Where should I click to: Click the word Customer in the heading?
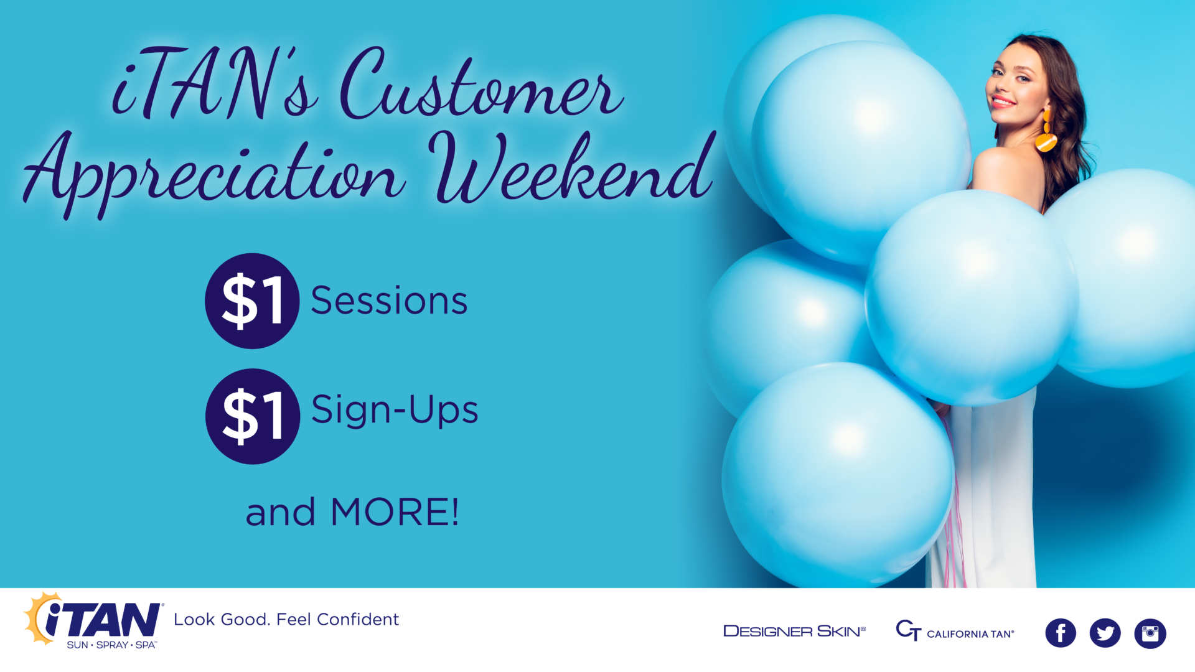tap(479, 87)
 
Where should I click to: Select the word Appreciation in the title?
tap(215, 174)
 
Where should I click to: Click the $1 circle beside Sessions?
tap(252, 301)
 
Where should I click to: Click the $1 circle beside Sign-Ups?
tap(252, 416)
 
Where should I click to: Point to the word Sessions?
tap(389, 301)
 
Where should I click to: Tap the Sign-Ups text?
tap(394, 411)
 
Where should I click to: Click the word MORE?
tap(395, 512)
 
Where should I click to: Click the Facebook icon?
tap(1060, 633)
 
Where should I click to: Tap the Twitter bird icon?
tap(1105, 633)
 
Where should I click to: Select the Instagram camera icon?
tap(1150, 633)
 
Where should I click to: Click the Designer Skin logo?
tap(794, 631)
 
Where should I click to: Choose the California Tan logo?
tap(954, 631)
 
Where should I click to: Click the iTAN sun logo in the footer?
tap(93, 619)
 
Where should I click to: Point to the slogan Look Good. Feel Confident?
tap(286, 619)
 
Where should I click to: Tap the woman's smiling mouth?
tap(1003, 101)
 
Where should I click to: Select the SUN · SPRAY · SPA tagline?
tap(111, 645)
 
